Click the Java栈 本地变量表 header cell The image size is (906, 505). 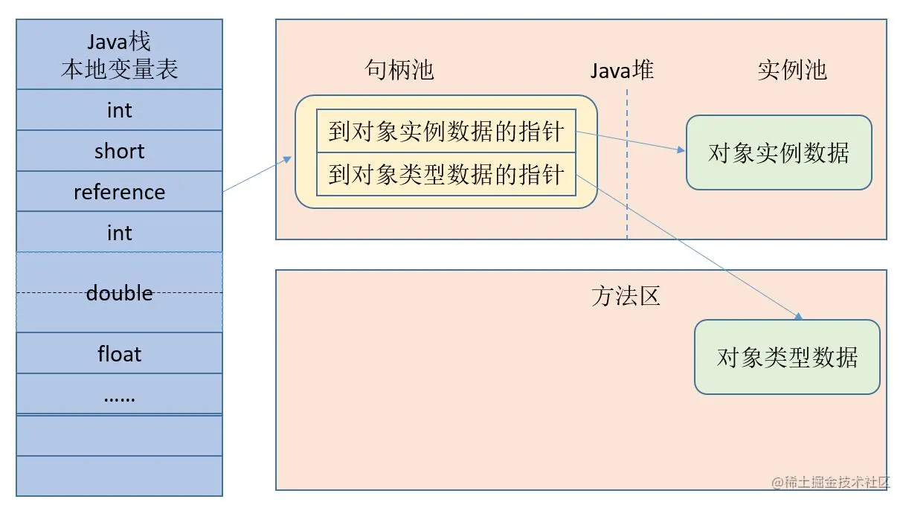pos(119,54)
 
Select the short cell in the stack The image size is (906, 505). pos(119,151)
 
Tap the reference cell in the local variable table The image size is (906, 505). pos(119,192)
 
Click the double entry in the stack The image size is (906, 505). pos(119,292)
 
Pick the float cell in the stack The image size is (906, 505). pos(119,353)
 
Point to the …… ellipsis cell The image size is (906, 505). pos(119,395)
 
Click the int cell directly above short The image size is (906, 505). pos(119,110)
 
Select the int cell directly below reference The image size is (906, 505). pos(119,232)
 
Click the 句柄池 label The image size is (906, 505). pos(399,70)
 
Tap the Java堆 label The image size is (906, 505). pos(622,70)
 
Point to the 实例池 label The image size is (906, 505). pos(792,70)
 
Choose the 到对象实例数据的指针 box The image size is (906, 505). pos(446,132)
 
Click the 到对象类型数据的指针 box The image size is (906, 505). pos(446,175)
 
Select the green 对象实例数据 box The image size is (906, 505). pos(778,152)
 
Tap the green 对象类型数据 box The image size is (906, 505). pos(787,357)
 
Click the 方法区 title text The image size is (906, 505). pos(625,296)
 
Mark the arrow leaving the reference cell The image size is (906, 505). pos(257,175)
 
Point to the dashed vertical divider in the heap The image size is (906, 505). pos(627,186)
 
